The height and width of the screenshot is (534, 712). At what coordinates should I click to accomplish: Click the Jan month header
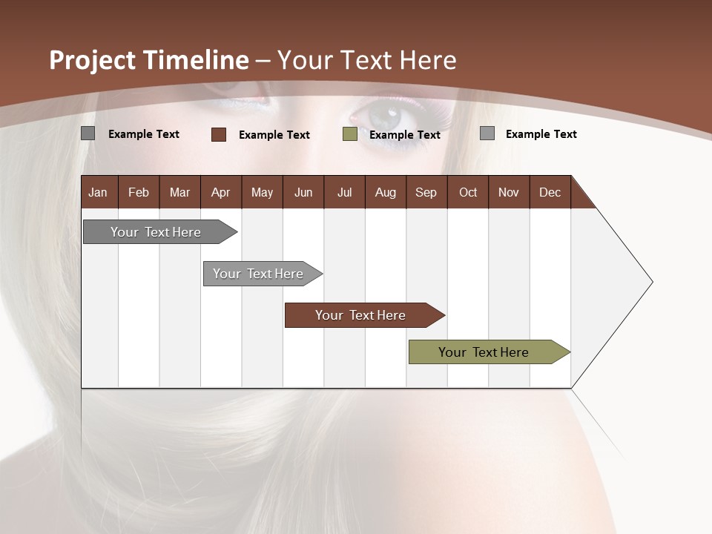coord(98,192)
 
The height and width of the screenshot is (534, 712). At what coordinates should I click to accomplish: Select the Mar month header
coord(179,192)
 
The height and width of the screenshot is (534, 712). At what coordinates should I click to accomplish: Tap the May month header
coord(262,192)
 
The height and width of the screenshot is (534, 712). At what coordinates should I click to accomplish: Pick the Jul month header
coord(344,192)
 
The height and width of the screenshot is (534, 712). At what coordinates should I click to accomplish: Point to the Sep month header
coord(426,192)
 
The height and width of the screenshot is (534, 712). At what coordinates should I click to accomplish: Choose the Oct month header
coord(468,192)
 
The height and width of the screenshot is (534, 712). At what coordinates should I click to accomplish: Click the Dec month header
coord(550,192)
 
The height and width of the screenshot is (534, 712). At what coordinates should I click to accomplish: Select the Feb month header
coord(139,192)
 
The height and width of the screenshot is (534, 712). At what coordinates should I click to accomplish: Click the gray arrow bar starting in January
coord(156,232)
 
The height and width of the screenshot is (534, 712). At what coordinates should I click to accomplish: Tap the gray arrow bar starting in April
coord(258,274)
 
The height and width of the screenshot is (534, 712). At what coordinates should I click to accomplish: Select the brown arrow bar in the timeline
coord(360,315)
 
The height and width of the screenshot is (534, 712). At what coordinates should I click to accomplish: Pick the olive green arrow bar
coord(484,352)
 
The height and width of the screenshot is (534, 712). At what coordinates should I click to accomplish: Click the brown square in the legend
coord(219,134)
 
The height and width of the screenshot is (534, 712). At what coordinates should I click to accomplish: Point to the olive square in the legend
coord(350,134)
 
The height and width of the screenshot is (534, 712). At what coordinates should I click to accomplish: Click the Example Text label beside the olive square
coord(405,134)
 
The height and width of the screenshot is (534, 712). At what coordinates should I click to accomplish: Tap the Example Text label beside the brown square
coord(274,134)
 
